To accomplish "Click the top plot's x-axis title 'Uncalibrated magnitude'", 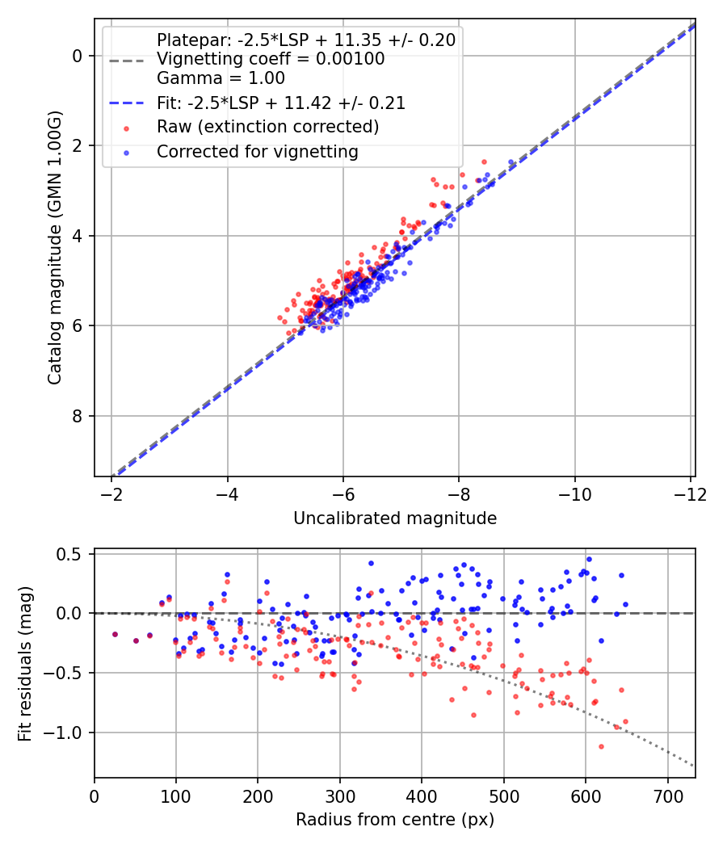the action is [x=395, y=518].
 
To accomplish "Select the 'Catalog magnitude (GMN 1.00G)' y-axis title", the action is [x=55, y=248].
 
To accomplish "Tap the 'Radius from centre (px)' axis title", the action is [x=395, y=820].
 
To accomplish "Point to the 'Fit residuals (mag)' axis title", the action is [x=25, y=664].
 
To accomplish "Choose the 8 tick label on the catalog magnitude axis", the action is [x=78, y=416].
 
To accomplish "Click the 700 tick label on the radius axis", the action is [x=668, y=796].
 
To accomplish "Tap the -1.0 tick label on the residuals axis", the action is [x=62, y=733].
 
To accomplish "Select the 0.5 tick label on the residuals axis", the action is [x=69, y=554].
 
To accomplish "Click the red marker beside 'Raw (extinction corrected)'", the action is [x=127, y=128].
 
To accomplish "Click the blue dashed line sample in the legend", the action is [x=127, y=103].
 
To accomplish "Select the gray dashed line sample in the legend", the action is [x=127, y=61].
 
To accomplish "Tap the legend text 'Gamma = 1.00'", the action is [x=221, y=78].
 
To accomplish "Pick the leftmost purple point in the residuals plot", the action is [x=115, y=634].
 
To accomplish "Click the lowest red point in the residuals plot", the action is [x=601, y=747].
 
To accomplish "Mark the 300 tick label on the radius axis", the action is [x=340, y=796].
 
